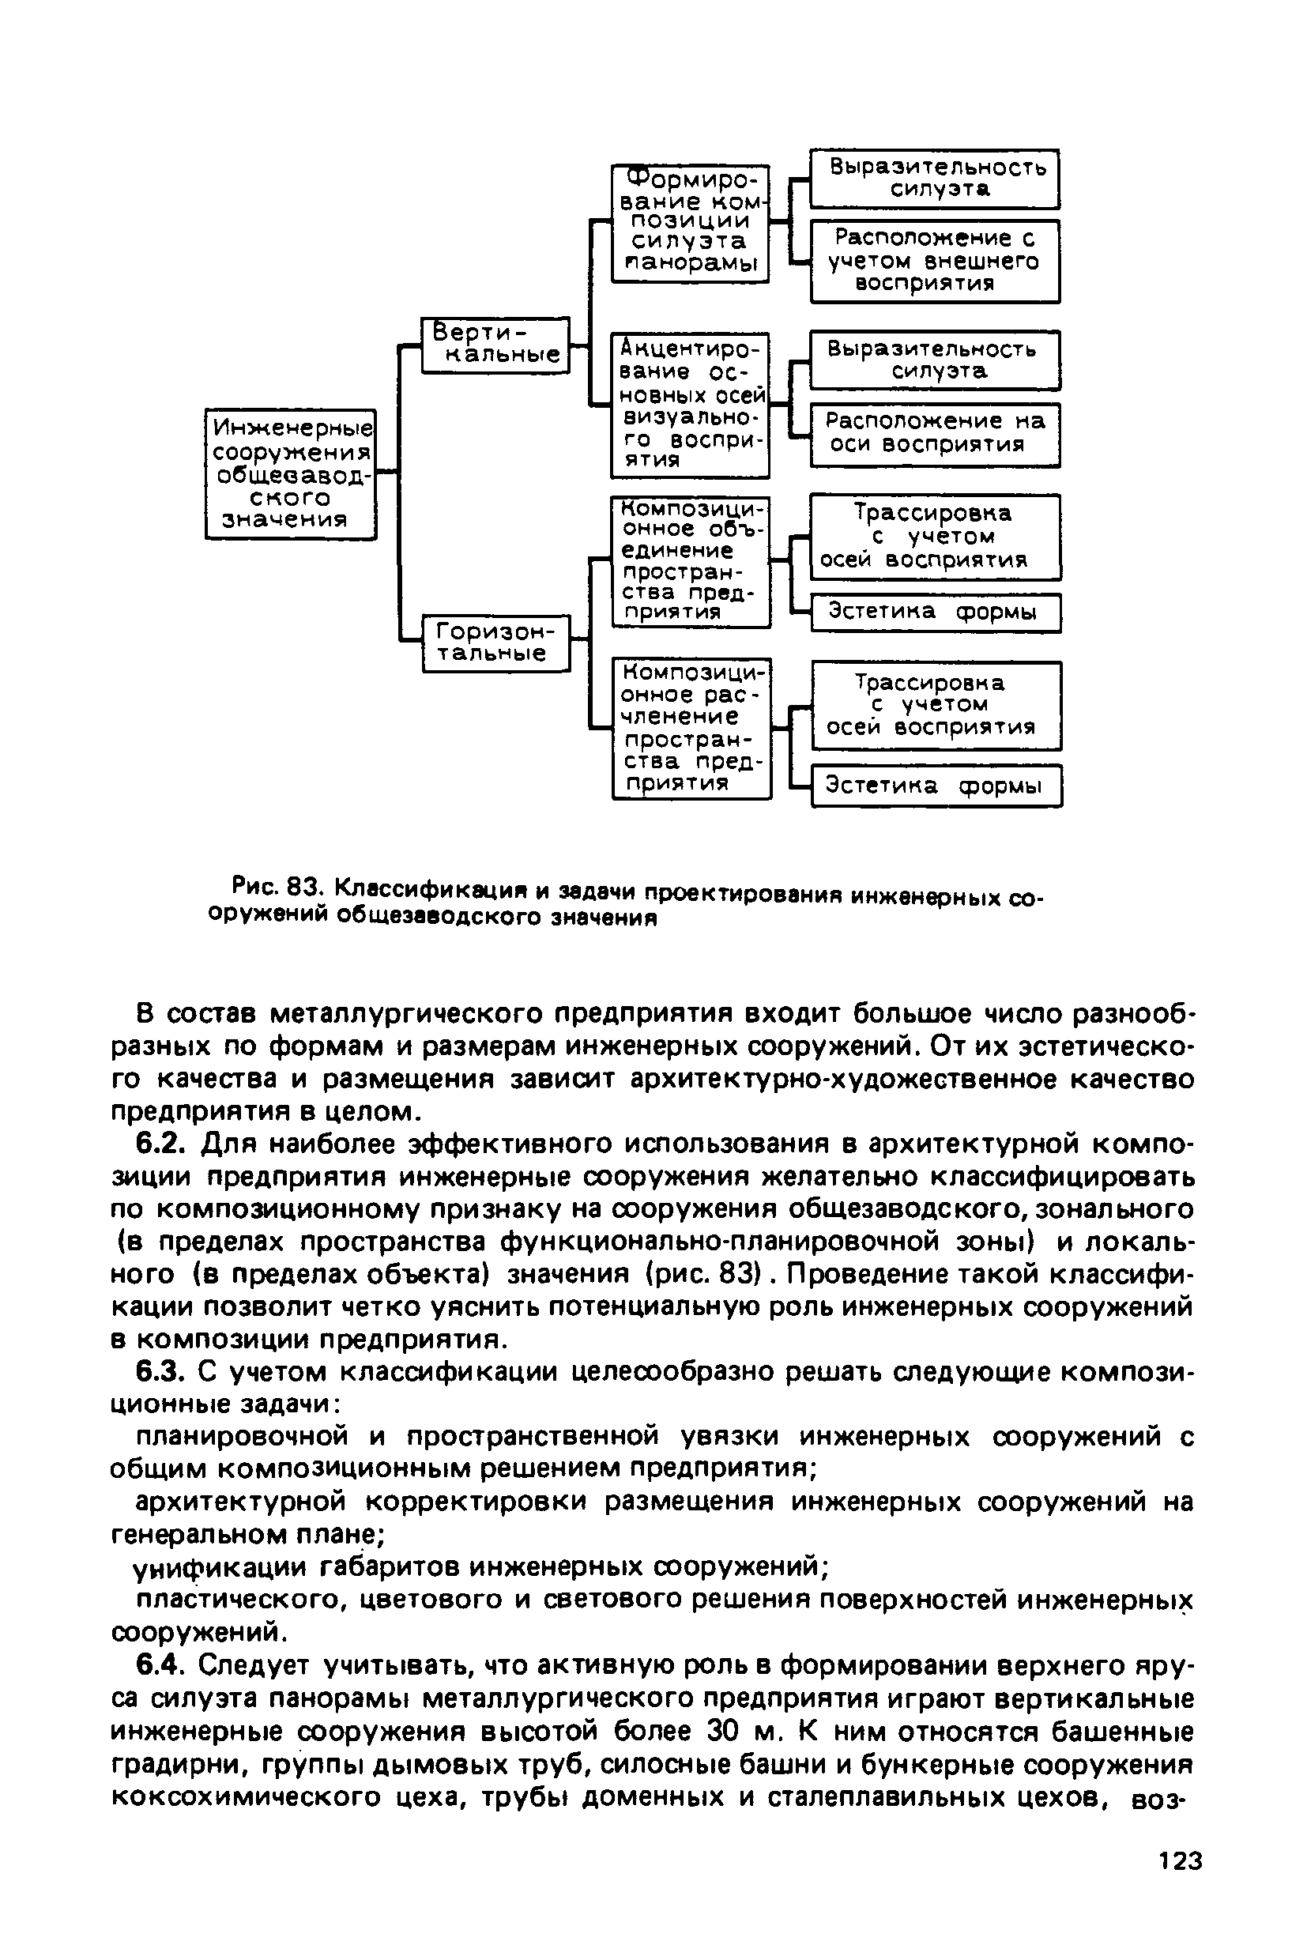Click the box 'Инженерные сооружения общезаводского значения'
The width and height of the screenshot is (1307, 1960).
[x=290, y=473]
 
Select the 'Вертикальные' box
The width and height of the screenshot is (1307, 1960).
[x=495, y=345]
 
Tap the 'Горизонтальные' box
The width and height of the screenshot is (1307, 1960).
[x=496, y=642]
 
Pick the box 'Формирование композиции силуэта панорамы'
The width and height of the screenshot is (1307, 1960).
[x=689, y=223]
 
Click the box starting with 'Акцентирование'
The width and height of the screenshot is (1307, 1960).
[x=689, y=405]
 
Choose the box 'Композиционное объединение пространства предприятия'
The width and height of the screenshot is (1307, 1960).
[x=690, y=562]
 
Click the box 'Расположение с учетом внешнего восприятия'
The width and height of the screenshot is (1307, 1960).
[x=934, y=261]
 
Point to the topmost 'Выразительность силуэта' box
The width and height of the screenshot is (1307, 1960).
[x=934, y=179]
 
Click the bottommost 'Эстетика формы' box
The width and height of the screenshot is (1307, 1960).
[x=936, y=786]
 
